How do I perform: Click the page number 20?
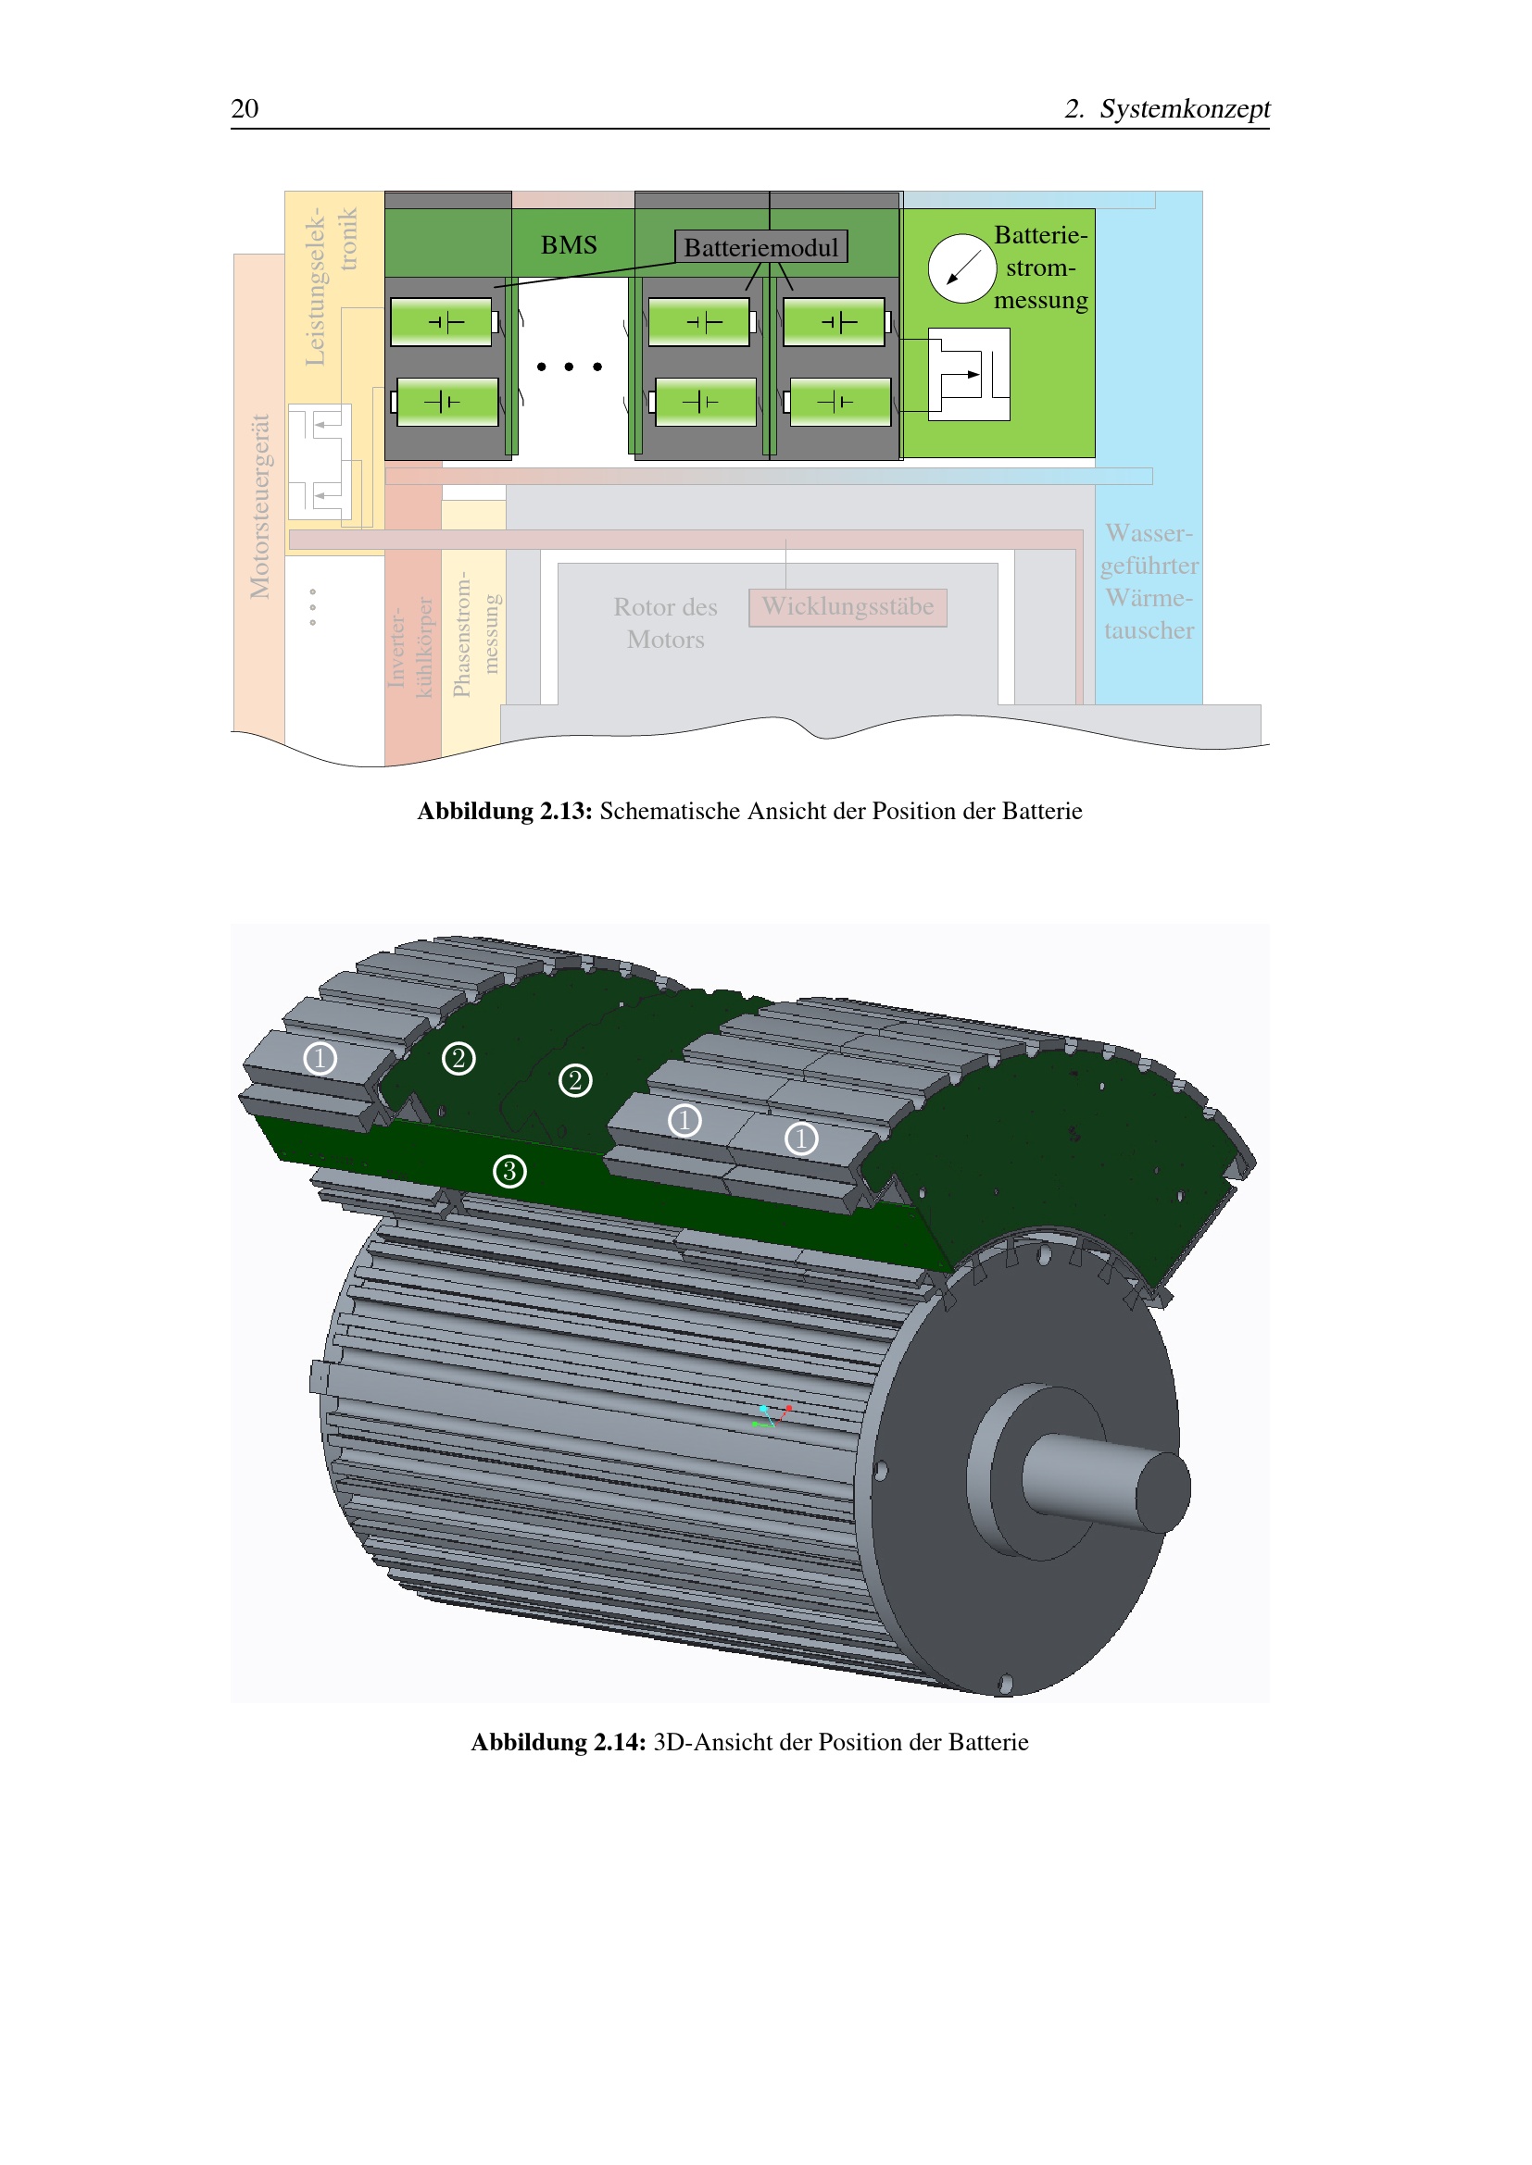click(x=245, y=108)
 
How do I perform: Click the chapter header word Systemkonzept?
click(x=1185, y=108)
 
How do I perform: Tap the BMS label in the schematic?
click(x=569, y=245)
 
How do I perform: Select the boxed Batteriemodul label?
click(x=761, y=247)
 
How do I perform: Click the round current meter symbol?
click(x=962, y=268)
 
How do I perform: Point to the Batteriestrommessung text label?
click(x=1040, y=268)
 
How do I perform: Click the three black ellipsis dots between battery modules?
click(x=569, y=367)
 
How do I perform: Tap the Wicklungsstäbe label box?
click(x=848, y=607)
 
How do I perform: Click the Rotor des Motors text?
click(x=666, y=623)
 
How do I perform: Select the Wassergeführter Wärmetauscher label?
click(x=1149, y=582)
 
